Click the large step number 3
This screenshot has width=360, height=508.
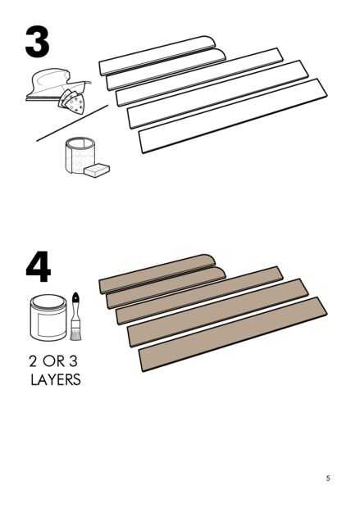[x=37, y=43]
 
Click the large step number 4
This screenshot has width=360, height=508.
[x=39, y=267]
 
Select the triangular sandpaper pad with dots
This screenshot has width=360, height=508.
[x=73, y=102]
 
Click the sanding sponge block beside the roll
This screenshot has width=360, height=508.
[x=96, y=170]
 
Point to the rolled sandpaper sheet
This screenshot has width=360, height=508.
[x=80, y=156]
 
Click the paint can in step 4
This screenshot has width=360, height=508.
[x=48, y=318]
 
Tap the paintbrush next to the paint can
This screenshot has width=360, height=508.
[x=75, y=316]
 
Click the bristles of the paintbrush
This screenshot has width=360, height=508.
[x=75, y=333]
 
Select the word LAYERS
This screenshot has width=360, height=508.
[x=56, y=379]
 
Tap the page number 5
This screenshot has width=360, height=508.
[x=328, y=479]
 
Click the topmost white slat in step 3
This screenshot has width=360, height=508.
[x=157, y=56]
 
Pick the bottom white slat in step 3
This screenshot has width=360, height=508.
[x=233, y=116]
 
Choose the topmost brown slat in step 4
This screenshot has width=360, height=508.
[x=157, y=274]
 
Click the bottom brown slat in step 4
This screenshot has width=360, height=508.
[x=233, y=334]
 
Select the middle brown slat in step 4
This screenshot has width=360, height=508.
[x=199, y=295]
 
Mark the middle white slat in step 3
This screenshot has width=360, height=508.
[x=199, y=77]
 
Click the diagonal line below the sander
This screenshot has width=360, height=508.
[x=72, y=123]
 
